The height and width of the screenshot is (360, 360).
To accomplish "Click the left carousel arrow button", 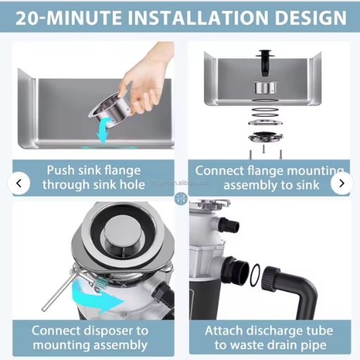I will pos(19,184).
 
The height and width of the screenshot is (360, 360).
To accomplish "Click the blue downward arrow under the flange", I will pos(105,132).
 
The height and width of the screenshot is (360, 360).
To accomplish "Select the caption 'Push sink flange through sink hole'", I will pos(94,178).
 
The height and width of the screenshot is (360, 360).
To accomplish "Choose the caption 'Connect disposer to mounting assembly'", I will pos(90,337).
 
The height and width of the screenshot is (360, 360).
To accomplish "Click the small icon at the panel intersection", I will pos(181,198).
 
